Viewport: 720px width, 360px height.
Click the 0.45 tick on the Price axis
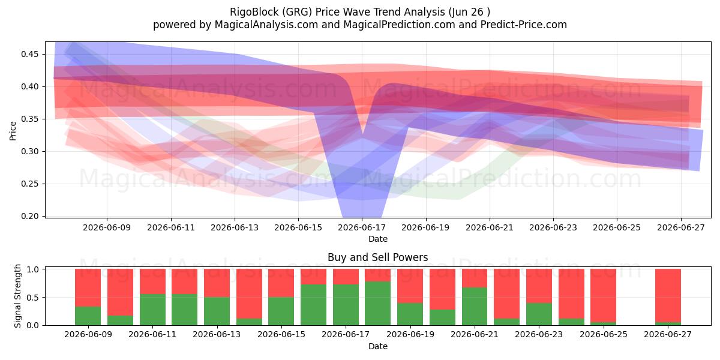point(29,54)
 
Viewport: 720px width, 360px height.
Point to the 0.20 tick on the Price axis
point(29,216)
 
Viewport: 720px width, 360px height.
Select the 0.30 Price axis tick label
point(29,151)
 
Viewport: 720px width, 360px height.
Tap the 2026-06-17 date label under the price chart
point(362,227)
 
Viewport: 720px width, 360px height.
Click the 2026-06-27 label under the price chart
point(681,227)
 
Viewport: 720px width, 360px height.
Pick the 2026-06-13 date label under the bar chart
point(217,334)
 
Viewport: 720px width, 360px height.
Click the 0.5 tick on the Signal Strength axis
point(32,298)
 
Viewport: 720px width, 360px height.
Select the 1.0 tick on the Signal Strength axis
point(32,269)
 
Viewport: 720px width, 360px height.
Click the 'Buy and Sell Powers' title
point(377,257)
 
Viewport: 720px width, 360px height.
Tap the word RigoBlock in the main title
point(254,12)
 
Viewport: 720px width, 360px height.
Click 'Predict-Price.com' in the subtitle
point(524,25)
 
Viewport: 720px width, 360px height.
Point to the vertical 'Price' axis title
point(13,131)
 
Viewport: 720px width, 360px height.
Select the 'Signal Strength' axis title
point(17,296)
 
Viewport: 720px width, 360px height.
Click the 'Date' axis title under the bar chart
point(377,347)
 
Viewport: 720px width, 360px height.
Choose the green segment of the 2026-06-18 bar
point(377,304)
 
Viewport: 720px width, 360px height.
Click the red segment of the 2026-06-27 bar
point(668,296)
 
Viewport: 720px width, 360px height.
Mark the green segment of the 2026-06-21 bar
point(475,307)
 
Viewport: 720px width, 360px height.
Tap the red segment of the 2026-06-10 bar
point(120,293)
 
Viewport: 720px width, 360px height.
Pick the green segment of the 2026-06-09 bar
point(88,316)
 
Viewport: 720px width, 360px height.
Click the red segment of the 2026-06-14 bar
point(249,294)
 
